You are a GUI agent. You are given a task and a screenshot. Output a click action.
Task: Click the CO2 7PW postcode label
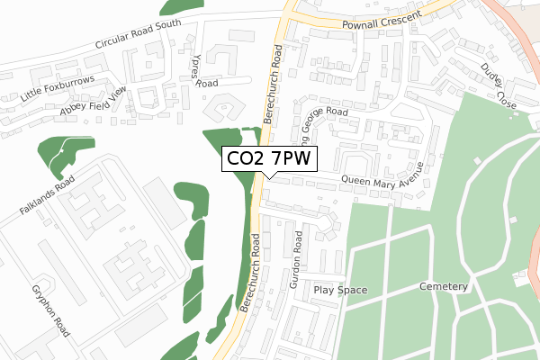269,158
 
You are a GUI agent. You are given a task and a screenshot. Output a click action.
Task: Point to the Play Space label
341,290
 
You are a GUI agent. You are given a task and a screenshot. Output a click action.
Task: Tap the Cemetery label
445,286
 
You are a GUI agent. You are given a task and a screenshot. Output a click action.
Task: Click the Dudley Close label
498,85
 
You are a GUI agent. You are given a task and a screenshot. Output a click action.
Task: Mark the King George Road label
322,130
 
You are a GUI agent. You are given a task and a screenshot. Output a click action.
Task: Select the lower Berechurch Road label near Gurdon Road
250,273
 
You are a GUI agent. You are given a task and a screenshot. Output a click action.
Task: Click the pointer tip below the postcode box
269,177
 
